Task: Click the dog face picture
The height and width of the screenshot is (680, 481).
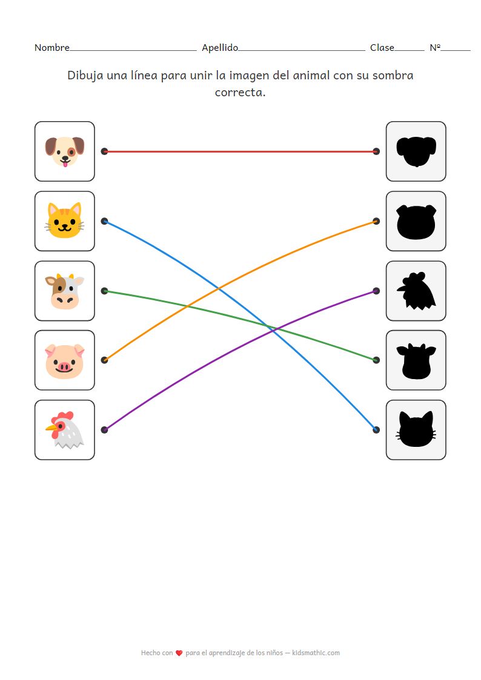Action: [x=64, y=151]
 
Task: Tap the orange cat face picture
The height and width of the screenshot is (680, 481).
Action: [x=64, y=221]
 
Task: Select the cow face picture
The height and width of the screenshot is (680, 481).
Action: [x=64, y=291]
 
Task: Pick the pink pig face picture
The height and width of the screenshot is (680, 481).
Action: [x=64, y=360]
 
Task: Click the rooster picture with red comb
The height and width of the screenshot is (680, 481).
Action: [x=64, y=430]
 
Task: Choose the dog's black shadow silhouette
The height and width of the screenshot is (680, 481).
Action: [x=416, y=151]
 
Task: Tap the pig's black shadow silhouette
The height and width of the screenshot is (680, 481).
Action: [x=416, y=221]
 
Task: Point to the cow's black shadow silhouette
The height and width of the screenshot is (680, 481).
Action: [x=416, y=360]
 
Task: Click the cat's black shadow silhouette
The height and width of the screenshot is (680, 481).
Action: [x=416, y=430]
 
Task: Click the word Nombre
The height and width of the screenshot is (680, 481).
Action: [x=52, y=48]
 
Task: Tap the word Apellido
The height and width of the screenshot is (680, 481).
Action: [x=220, y=48]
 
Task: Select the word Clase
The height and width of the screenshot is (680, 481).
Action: [x=382, y=48]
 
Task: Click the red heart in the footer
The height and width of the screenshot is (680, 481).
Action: [x=179, y=653]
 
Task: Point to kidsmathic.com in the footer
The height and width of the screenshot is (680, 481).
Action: [x=316, y=653]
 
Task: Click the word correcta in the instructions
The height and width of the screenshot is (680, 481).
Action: [x=240, y=93]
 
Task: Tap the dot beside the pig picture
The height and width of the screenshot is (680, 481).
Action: [x=104, y=360]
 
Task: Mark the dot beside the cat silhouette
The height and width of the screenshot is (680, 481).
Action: [x=376, y=430]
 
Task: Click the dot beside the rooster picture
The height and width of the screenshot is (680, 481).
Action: [x=104, y=430]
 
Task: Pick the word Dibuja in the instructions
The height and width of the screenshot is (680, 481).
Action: [x=85, y=76]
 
